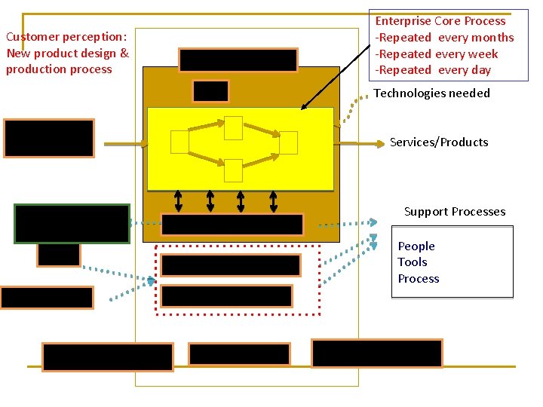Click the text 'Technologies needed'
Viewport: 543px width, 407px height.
pos(431,93)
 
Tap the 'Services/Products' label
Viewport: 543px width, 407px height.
pos(438,142)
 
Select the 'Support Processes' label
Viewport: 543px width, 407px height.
pos(454,212)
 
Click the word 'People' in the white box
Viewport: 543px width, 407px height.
pos(416,246)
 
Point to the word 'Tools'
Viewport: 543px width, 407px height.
pos(413,262)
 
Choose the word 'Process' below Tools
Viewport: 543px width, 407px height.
pos(419,279)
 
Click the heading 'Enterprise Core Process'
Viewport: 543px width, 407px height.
pos(440,21)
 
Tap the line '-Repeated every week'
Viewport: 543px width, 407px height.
pos(437,54)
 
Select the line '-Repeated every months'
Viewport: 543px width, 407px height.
pos(444,38)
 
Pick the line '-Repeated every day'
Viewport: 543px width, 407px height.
pos(433,71)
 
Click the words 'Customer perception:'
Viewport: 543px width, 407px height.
pos(66,37)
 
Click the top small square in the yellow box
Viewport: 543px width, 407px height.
pos(233,127)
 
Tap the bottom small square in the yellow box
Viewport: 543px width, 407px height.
pos(233,170)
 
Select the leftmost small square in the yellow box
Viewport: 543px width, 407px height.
pos(179,142)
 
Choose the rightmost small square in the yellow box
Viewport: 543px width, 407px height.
pos(288,142)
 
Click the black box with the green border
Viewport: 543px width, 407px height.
pos(72,224)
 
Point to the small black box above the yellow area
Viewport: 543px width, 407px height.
pos(210,91)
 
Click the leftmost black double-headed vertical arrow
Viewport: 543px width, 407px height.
pos(179,200)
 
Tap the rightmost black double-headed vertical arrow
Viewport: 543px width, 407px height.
pos(272,200)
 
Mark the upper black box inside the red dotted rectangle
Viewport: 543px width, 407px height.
pos(231,265)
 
